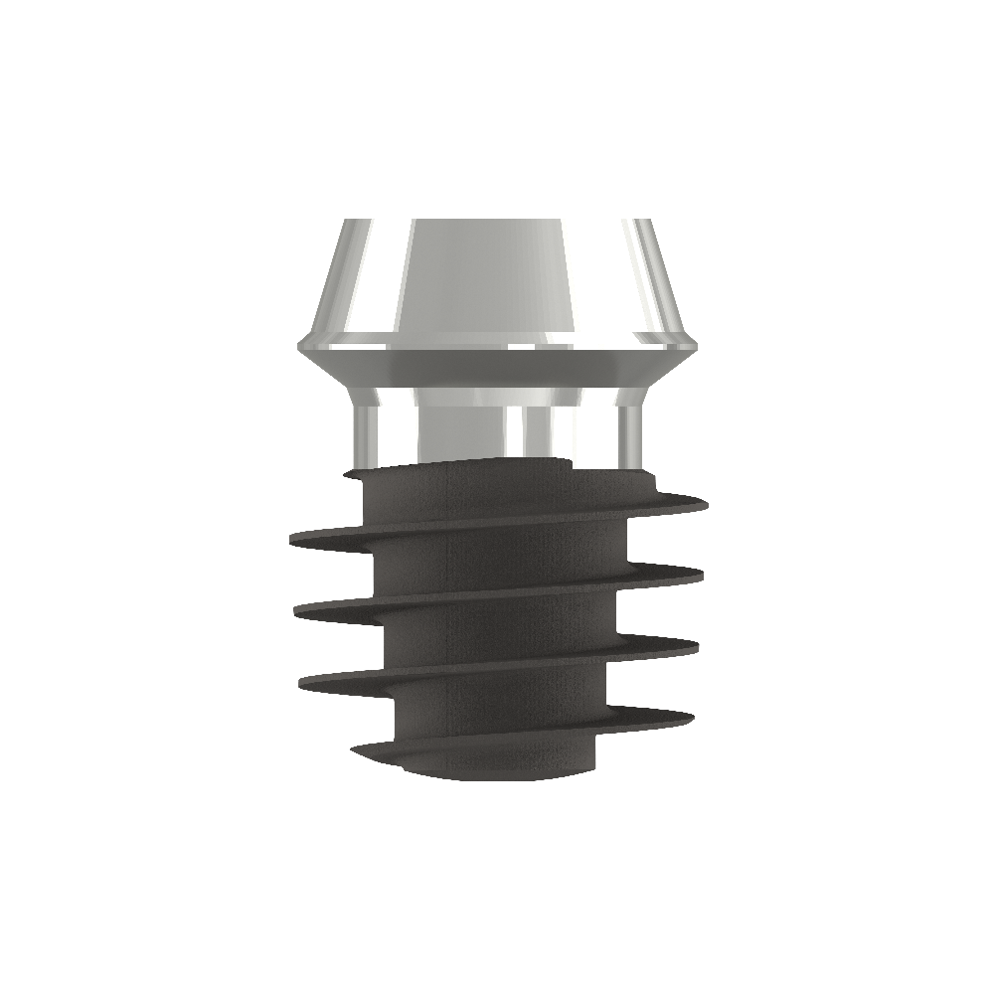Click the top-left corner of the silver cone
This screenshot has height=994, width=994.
(344, 221)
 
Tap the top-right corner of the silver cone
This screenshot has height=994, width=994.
(649, 221)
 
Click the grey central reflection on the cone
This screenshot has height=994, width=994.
(487, 278)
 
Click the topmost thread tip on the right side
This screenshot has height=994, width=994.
(707, 504)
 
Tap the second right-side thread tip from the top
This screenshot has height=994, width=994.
(703, 573)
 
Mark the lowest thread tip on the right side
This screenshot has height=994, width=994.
(693, 714)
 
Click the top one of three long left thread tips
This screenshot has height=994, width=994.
(291, 540)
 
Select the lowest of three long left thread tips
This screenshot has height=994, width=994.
(299, 682)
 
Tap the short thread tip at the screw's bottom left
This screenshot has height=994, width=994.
(356, 746)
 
